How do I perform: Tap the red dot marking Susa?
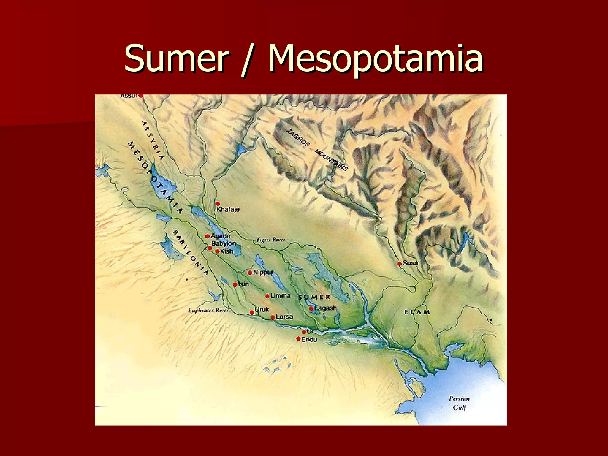[399, 263]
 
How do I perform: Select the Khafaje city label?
[228, 209]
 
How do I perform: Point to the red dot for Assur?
[141, 96]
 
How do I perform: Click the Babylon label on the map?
[224, 243]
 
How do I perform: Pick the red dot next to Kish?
[217, 251]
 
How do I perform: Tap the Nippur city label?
[263, 272]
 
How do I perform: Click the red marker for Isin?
[235, 284]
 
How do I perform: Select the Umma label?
[280, 296]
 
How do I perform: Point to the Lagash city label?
[325, 308]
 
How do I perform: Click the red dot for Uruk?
[252, 312]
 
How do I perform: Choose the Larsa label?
[284, 317]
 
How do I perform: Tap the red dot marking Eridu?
[298, 338]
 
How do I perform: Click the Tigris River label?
[271, 240]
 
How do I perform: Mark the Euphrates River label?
[209, 310]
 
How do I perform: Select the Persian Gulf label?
[459, 403]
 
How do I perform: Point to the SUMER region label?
[314, 297]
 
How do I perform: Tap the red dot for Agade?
[208, 236]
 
